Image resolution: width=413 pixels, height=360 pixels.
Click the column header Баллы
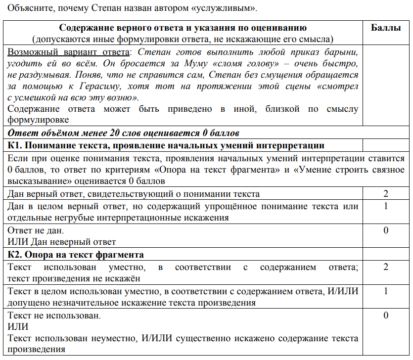(386, 28)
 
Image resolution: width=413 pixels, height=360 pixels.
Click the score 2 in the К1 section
(386, 194)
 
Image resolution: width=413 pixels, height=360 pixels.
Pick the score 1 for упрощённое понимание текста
(386, 206)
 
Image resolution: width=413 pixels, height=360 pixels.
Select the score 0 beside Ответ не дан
(386, 230)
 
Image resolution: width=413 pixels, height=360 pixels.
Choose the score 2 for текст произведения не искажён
(386, 267)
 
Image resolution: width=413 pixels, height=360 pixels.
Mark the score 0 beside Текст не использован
(386, 315)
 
